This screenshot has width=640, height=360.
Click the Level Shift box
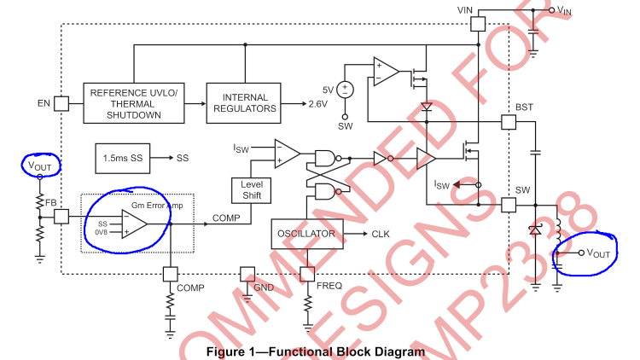251,189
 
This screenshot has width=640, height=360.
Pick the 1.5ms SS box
122,159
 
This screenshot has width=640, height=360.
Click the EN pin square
61,103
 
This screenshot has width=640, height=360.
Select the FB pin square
61,217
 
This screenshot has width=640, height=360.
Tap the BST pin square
508,122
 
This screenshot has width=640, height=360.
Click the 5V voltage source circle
346,90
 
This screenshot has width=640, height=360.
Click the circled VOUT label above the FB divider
39,165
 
